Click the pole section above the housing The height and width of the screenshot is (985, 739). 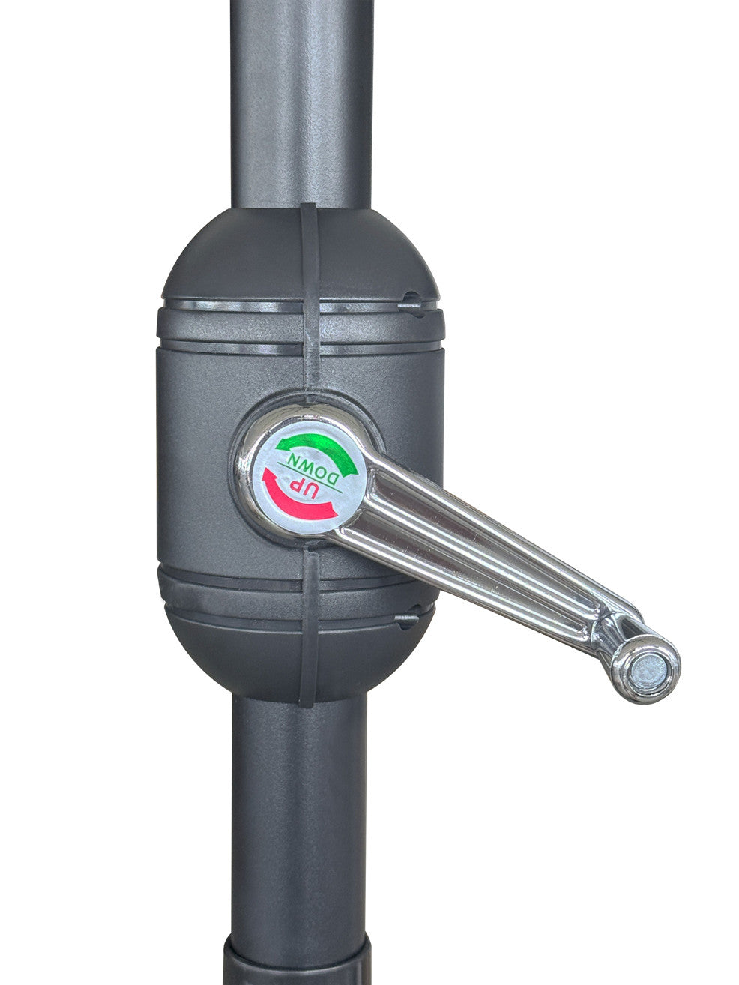click(x=301, y=103)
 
